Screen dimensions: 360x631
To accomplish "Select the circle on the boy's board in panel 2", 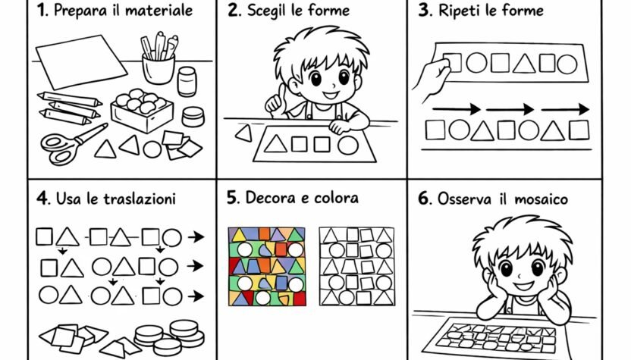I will pos(347,144).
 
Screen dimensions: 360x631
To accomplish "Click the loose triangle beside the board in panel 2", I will pos(244,134).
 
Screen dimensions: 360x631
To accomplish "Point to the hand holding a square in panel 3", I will pos(432,77).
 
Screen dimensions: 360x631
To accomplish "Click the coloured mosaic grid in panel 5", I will pos(266,266).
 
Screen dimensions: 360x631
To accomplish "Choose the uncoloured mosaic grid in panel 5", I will pos(356,266).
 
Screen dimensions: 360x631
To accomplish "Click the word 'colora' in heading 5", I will pos(335,199).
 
